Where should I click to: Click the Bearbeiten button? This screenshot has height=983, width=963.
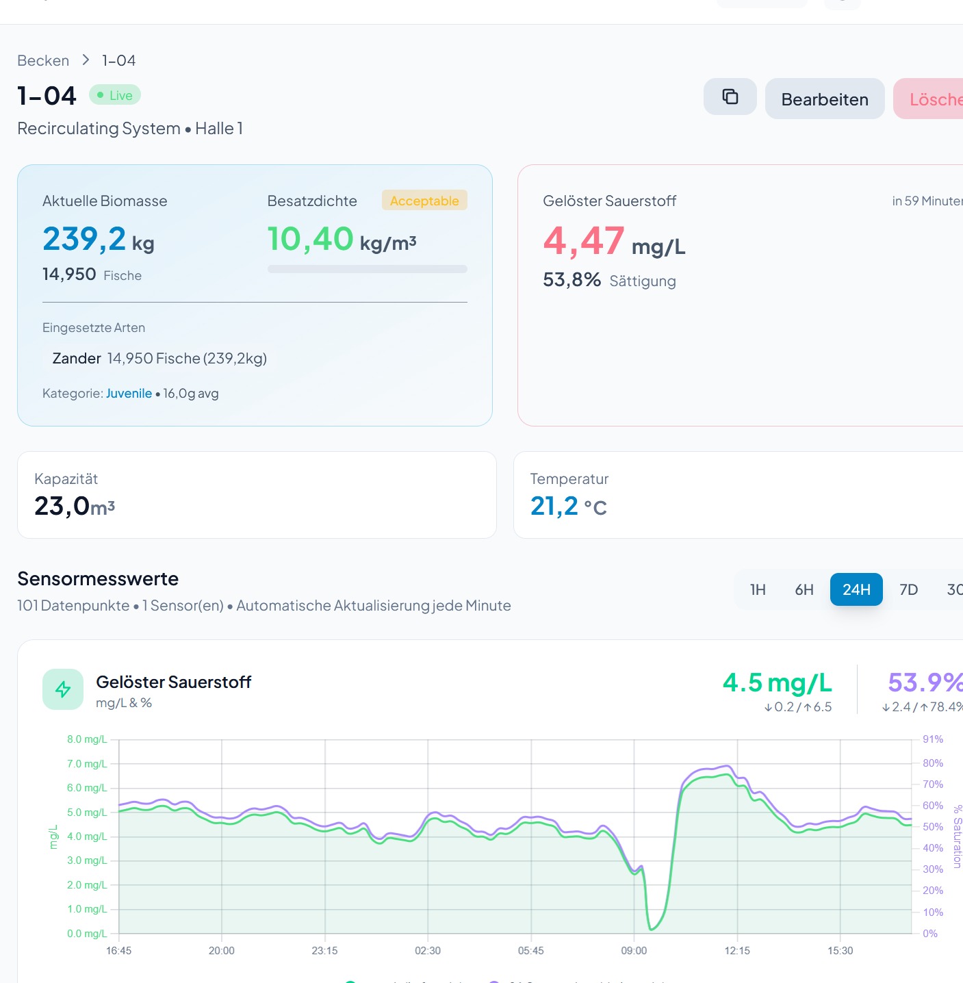click(824, 99)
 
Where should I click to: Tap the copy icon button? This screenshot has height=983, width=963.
click(730, 97)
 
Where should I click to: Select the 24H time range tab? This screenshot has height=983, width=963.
click(856, 589)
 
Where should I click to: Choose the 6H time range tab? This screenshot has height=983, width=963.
click(804, 589)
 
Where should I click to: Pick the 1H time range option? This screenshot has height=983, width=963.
click(757, 589)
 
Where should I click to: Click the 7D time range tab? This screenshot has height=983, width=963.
click(908, 589)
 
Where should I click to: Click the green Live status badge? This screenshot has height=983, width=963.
click(115, 95)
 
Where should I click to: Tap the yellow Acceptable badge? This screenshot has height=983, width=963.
click(424, 201)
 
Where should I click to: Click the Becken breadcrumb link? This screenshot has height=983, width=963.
click(43, 60)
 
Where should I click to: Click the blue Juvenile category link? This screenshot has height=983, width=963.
click(129, 394)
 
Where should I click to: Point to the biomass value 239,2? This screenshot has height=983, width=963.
click(84, 239)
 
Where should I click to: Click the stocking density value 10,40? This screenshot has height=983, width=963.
click(310, 239)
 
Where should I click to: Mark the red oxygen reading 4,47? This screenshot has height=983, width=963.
click(583, 241)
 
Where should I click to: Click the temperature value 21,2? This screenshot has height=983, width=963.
click(554, 506)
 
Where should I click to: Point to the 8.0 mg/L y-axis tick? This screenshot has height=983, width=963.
click(87, 739)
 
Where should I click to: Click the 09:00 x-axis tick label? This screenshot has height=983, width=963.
click(634, 951)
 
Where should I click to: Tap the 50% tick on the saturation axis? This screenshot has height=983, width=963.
click(932, 827)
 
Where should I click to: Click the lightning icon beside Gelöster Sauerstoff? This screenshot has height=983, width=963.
click(63, 689)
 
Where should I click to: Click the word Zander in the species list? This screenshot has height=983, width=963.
click(77, 359)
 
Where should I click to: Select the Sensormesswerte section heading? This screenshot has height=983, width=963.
click(98, 579)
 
